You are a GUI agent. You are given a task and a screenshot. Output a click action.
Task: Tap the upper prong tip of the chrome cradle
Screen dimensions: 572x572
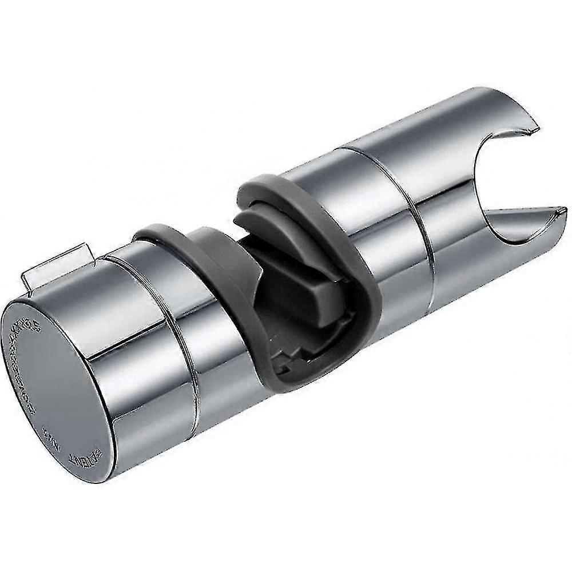tap(535, 123)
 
